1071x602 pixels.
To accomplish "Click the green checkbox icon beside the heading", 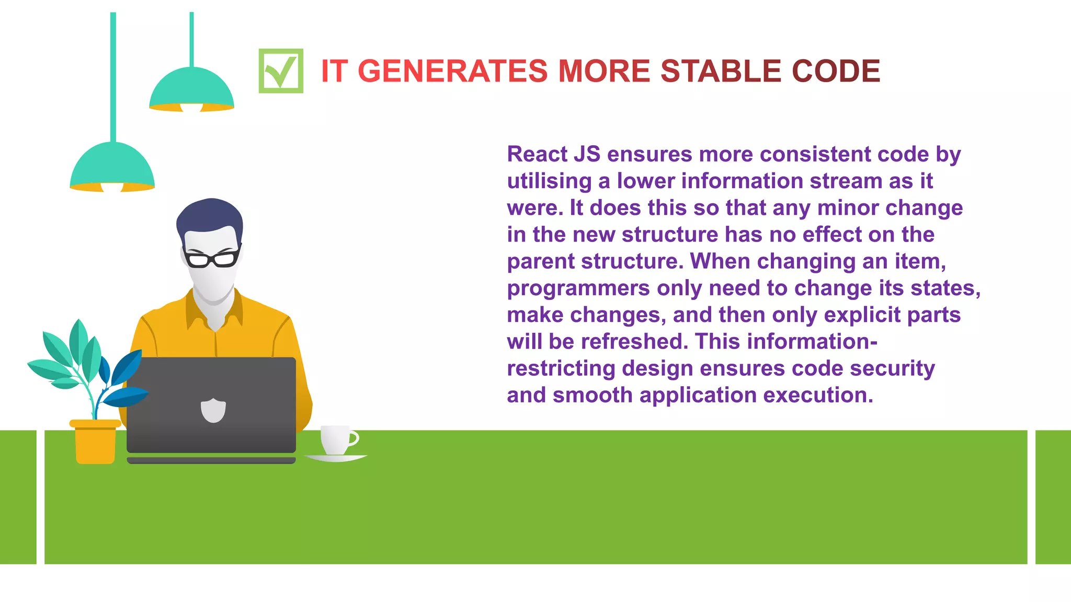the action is pos(281,71).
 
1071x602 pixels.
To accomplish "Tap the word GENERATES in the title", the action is pos(452,71).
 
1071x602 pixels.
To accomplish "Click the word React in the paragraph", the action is pos(537,154).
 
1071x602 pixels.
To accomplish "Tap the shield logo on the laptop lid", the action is pos(213,410).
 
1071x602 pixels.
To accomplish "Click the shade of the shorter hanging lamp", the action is pos(191,89).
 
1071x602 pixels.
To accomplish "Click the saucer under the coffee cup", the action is pos(336,458).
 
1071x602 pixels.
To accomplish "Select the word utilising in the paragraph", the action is pos(549,181).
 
